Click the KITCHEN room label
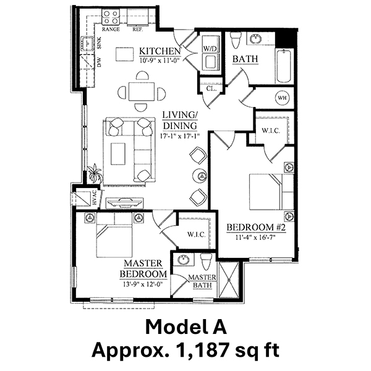pyautogui.click(x=160, y=51)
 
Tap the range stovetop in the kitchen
pyautogui.click(x=111, y=17)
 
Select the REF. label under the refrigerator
pyautogui.click(x=137, y=29)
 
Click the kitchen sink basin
pyautogui.click(x=88, y=44)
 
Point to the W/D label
pyautogui.click(x=210, y=48)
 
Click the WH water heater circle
pyautogui.click(x=281, y=98)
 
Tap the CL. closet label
pyautogui.click(x=211, y=88)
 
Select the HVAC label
pyautogui.click(x=95, y=197)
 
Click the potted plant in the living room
pyautogui.click(x=95, y=173)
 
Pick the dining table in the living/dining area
pyautogui.click(x=142, y=92)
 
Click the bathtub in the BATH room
pyautogui.click(x=284, y=66)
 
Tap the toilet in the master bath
pyautogui.click(x=207, y=262)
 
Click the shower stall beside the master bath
pyautogui.click(x=229, y=280)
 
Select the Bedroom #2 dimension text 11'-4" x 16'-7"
pyautogui.click(x=256, y=237)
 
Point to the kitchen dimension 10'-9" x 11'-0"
pyautogui.click(x=160, y=61)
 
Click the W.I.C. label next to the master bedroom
pyautogui.click(x=197, y=234)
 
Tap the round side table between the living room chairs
pyautogui.click(x=200, y=176)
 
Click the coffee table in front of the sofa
pyautogui.click(x=118, y=154)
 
